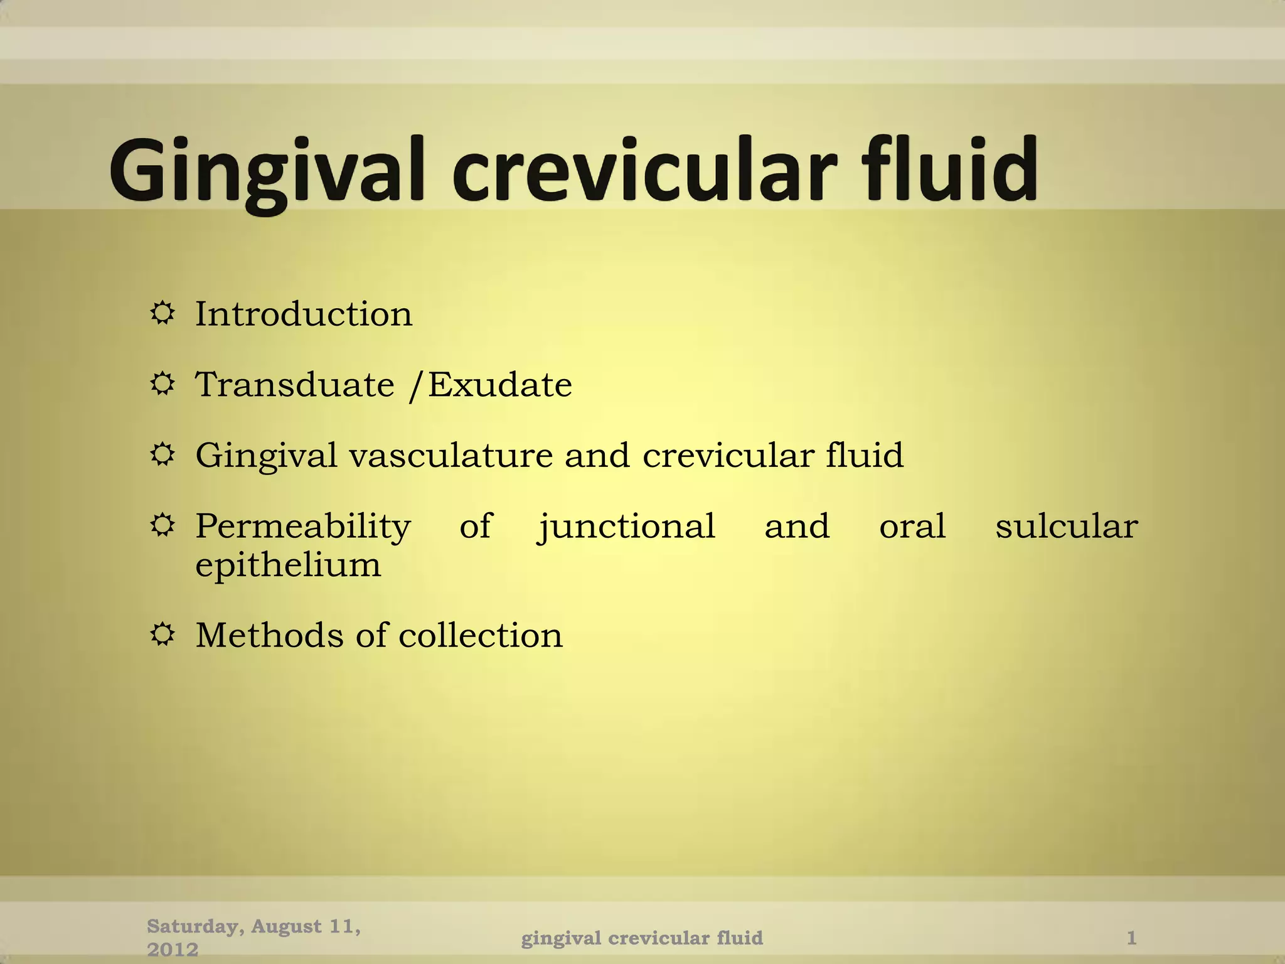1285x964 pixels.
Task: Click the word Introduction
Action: pyautogui.click(x=304, y=313)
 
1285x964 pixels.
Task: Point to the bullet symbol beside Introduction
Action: pyautogui.click(x=163, y=313)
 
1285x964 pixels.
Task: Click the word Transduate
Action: pyautogui.click(x=295, y=384)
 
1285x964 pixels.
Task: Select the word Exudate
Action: pyautogui.click(x=500, y=384)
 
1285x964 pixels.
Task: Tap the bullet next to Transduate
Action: pyautogui.click(x=163, y=383)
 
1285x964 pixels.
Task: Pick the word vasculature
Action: pyautogui.click(x=451, y=455)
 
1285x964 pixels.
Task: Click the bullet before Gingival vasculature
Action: pyautogui.click(x=163, y=454)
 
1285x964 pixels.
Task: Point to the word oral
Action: pyautogui.click(x=912, y=526)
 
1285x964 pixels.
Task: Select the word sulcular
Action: pyautogui.click(x=1066, y=526)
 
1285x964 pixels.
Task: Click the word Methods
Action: pyautogui.click(x=269, y=635)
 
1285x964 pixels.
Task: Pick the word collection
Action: pyautogui.click(x=481, y=635)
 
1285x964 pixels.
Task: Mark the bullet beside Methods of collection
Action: pyautogui.click(x=163, y=635)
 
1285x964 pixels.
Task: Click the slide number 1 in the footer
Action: pyautogui.click(x=1131, y=938)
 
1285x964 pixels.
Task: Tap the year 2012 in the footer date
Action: pyautogui.click(x=173, y=950)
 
